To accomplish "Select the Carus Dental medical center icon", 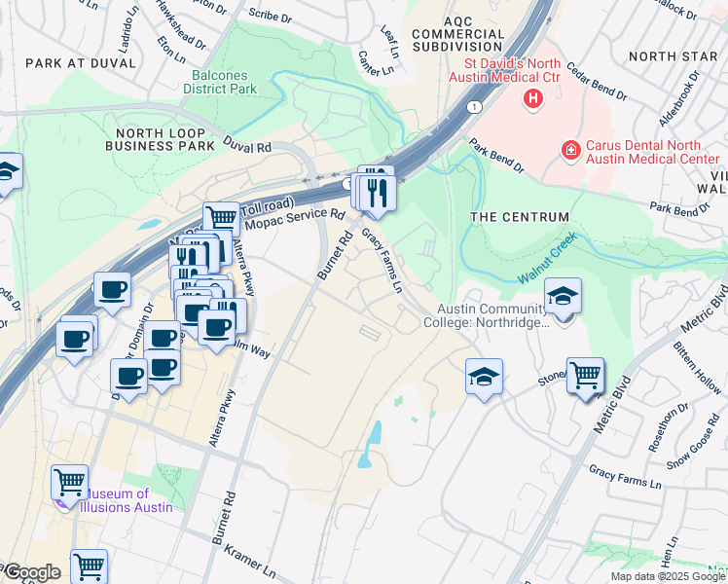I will [x=570, y=150].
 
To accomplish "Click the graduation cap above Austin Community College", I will [x=563, y=295].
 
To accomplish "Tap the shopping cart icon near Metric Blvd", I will [x=585, y=375].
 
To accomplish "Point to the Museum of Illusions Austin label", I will [x=127, y=500].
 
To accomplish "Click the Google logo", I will [x=31, y=572].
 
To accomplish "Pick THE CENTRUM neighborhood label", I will [x=519, y=216].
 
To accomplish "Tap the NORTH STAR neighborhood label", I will [x=673, y=55].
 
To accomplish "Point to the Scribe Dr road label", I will [x=264, y=14].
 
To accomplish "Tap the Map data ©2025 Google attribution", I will [x=668, y=576].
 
